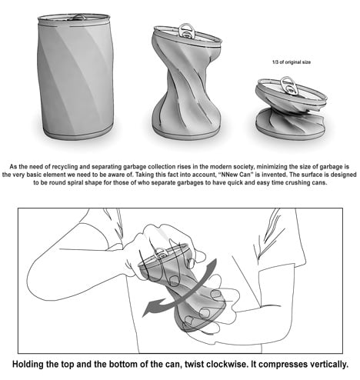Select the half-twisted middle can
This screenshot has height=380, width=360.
[187, 82]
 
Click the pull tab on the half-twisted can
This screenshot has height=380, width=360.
[187, 31]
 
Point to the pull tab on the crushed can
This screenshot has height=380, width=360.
[289, 85]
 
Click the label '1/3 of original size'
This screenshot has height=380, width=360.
[292, 62]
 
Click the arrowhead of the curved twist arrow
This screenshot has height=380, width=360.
[148, 309]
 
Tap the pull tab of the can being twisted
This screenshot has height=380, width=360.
[161, 254]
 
